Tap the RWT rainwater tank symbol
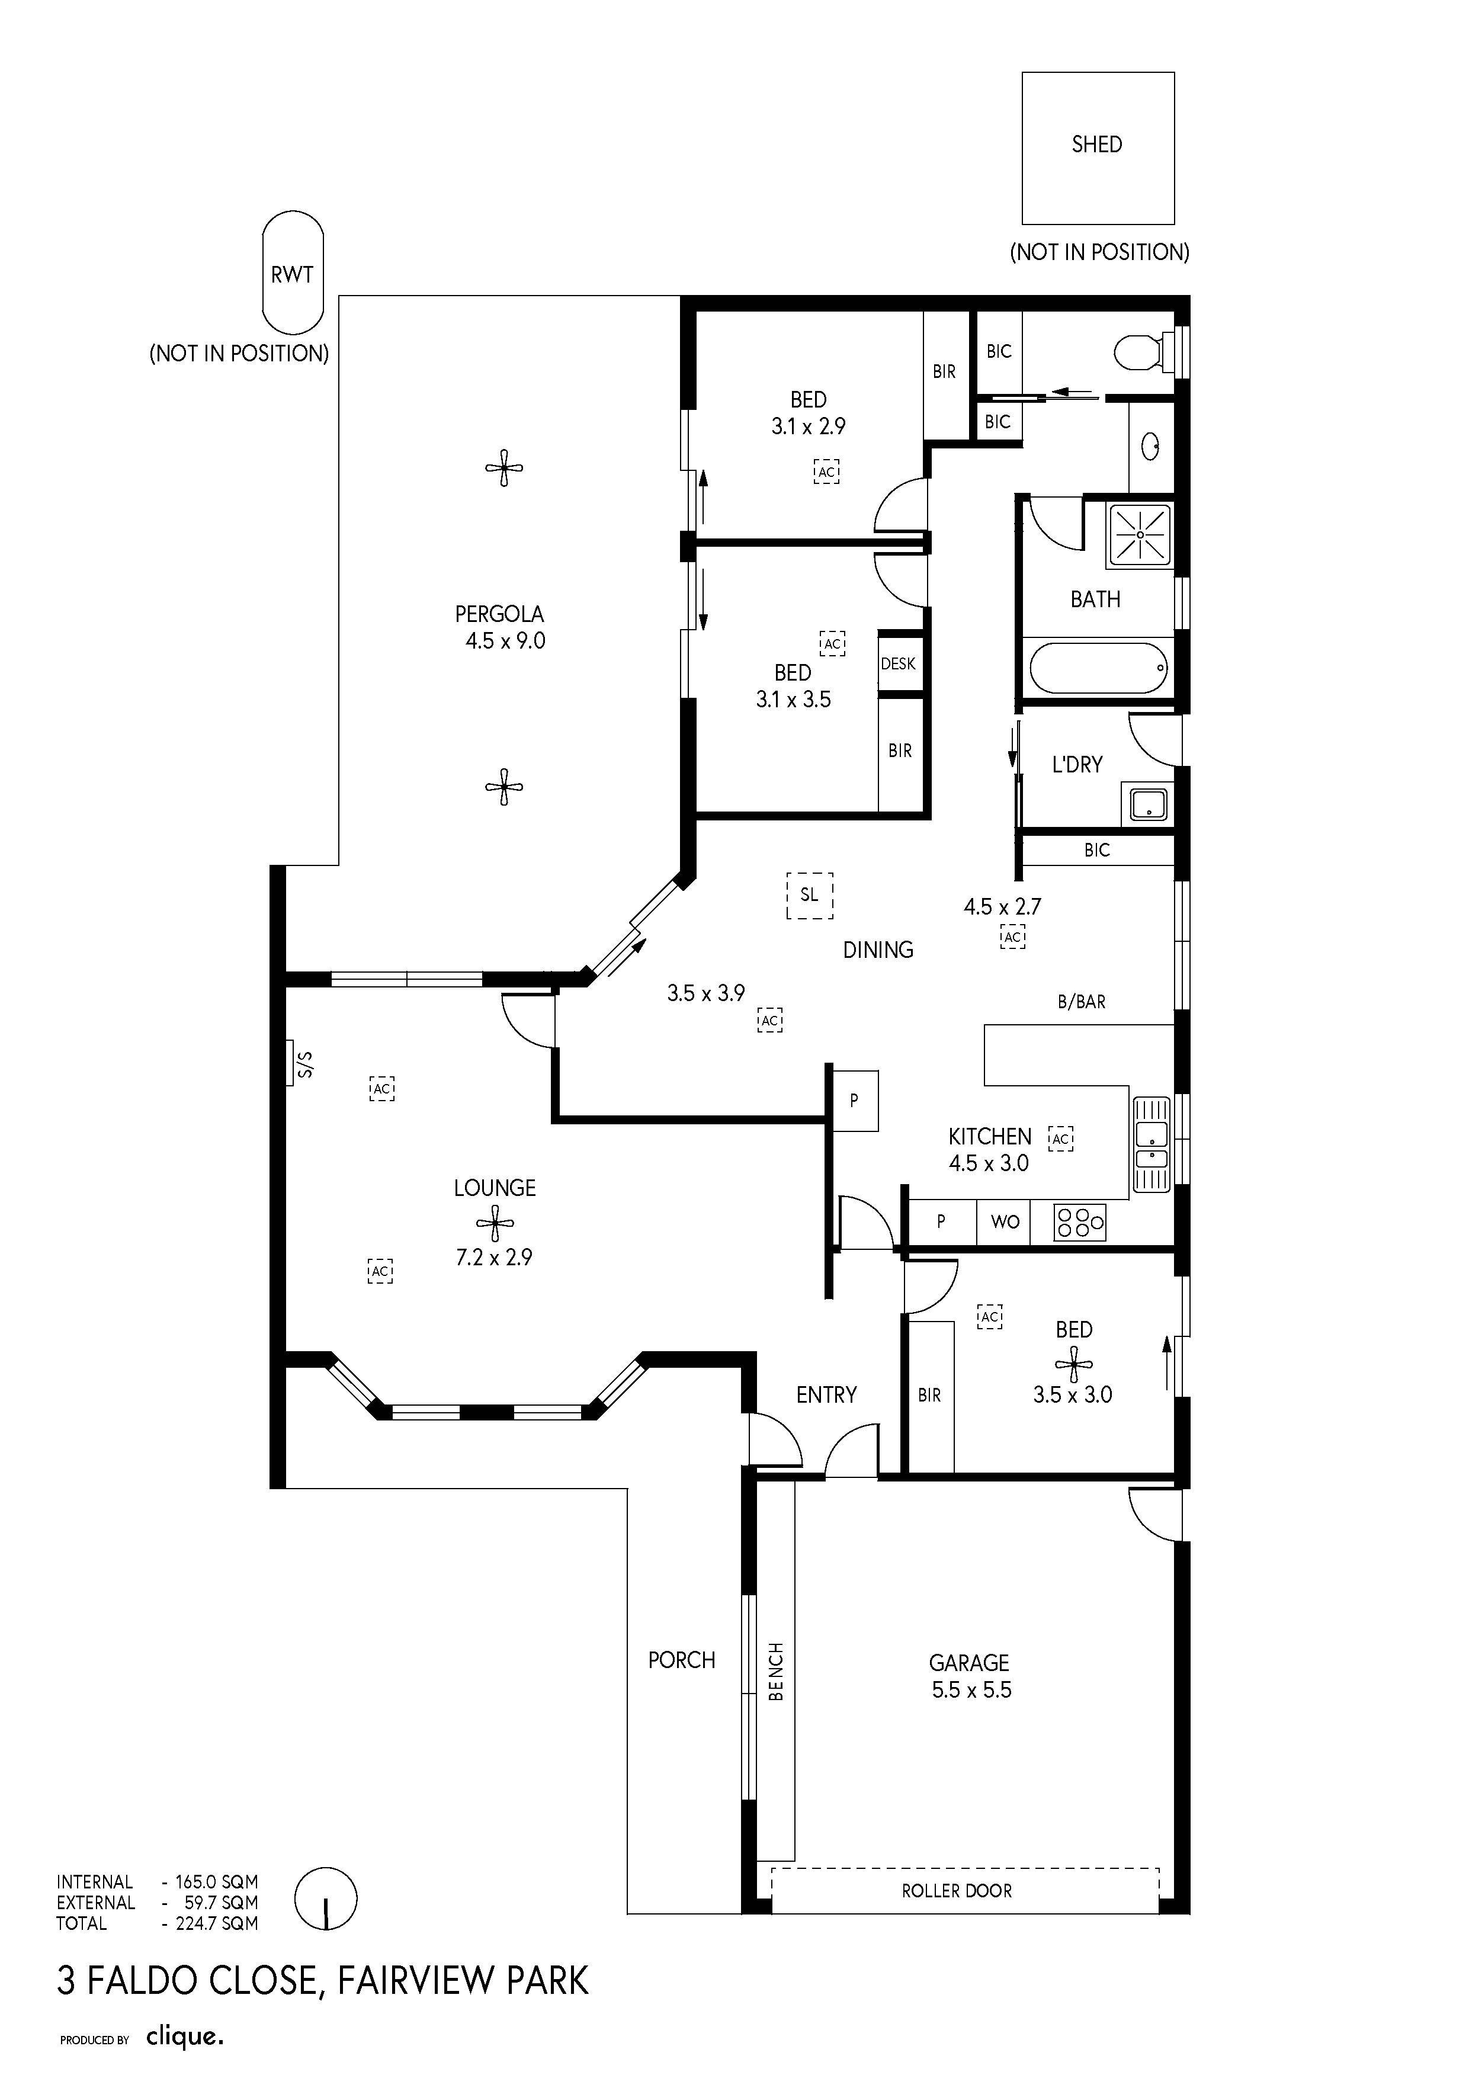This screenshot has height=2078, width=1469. [293, 271]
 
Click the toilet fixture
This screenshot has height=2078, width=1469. [1146, 351]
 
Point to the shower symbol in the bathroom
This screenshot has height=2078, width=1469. [1140, 534]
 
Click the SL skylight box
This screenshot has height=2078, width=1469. [809, 895]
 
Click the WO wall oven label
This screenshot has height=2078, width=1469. [1005, 1223]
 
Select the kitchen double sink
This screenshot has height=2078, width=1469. [1152, 1144]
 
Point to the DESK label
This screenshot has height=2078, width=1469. [898, 664]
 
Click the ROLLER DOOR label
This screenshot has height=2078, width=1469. [957, 1891]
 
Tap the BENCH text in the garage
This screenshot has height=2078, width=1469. [776, 1672]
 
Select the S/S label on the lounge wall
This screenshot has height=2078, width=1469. [305, 1063]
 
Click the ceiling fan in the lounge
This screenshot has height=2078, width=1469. [495, 1224]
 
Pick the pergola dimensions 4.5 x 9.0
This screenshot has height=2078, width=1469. [505, 642]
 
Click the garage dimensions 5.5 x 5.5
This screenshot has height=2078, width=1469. [971, 1691]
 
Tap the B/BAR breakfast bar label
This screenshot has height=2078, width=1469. [1082, 1002]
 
